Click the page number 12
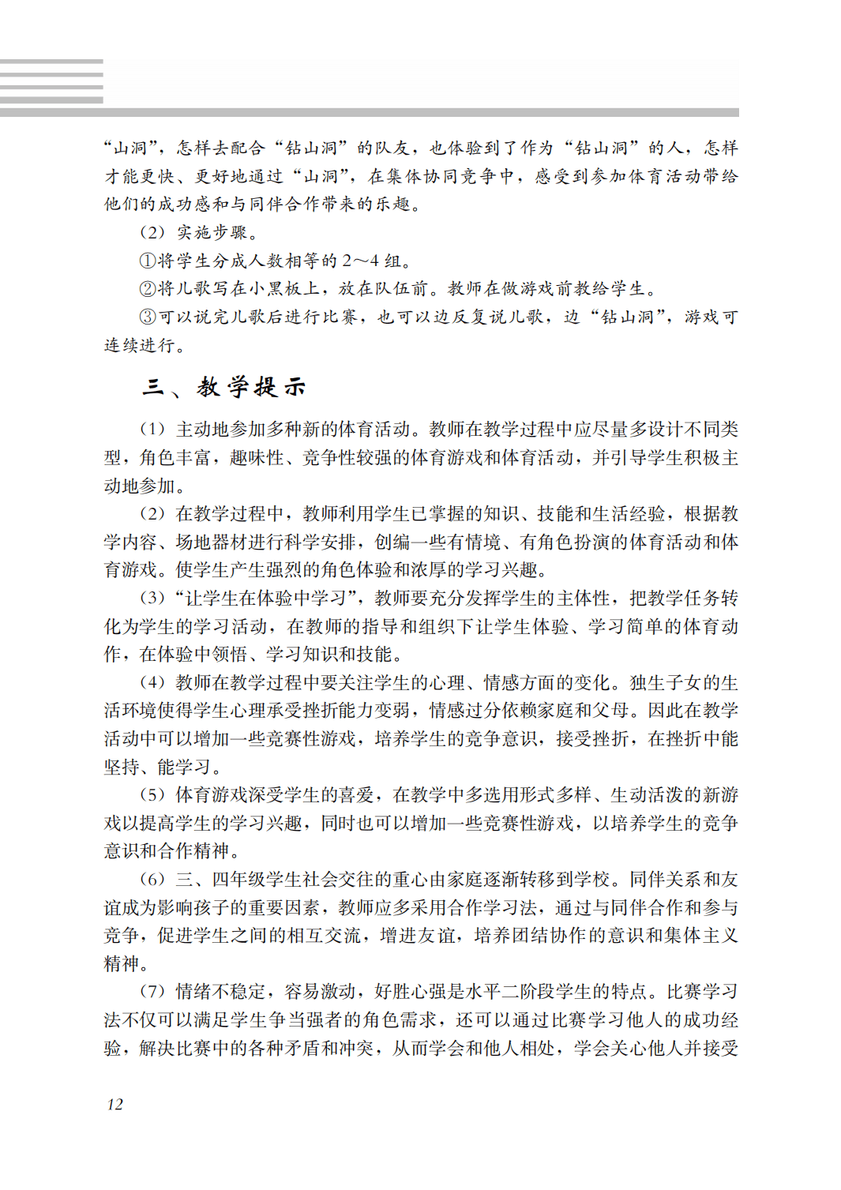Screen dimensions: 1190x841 coord(115,1104)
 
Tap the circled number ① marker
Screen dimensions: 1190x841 coord(148,261)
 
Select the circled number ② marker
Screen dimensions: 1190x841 coord(148,289)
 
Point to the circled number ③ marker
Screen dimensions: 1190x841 coord(148,317)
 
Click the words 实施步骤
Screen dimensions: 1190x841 coord(212,233)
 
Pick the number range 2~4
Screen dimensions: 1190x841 coord(360,261)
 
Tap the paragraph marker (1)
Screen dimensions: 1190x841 coord(152,430)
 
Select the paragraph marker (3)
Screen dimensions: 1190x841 coord(152,599)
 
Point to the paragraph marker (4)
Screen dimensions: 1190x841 coord(152,683)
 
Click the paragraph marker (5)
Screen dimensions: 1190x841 coord(152,795)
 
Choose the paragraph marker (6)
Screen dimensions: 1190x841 coord(152,880)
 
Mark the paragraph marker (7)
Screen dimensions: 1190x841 coord(152,992)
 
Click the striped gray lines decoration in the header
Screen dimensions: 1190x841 coord(51,81)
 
